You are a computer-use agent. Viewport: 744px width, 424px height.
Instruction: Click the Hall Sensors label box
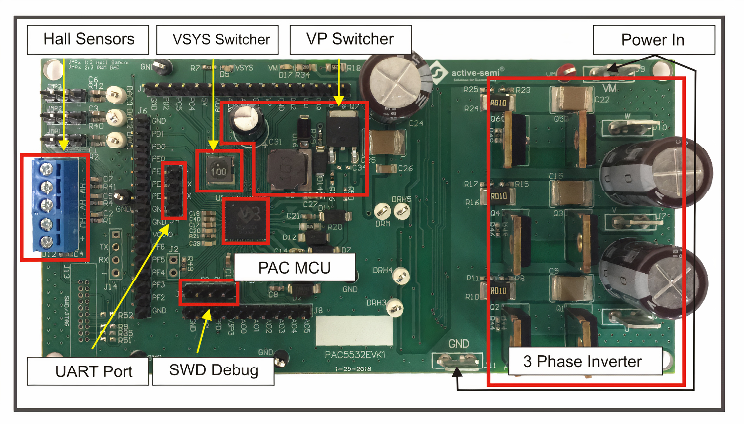point(88,40)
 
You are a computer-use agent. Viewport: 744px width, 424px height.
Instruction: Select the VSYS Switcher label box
point(217,40)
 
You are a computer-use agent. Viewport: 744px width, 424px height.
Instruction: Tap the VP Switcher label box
point(351,40)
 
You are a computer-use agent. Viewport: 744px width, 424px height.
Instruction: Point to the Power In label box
point(654,40)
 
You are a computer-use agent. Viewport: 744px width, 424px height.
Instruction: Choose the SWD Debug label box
point(213,370)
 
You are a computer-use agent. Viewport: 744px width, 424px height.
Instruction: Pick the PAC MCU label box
point(295,267)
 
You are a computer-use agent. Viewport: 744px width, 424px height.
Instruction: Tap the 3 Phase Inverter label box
point(585,361)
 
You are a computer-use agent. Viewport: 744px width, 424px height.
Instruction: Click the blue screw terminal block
point(55,205)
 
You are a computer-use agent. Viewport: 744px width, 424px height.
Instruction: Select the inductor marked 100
point(219,171)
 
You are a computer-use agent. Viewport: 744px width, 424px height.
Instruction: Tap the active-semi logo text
point(475,73)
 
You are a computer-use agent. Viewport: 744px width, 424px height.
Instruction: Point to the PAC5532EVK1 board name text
point(355,355)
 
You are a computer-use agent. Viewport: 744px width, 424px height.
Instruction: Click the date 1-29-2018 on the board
point(353,369)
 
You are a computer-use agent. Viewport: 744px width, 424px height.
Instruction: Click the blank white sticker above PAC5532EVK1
point(354,330)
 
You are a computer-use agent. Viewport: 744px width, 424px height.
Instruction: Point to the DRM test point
point(383,212)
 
